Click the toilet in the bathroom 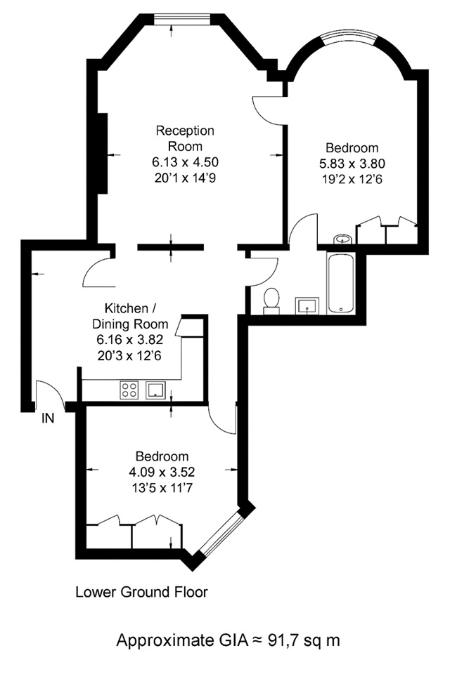tap(271, 300)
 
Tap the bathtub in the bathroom tap(340, 283)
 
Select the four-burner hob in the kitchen tap(129, 390)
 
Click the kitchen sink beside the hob tap(155, 390)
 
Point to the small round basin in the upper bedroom tap(343, 239)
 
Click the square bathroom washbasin tap(307, 305)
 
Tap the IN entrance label tap(48, 418)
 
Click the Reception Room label tap(185, 138)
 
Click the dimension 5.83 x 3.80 tap(352, 164)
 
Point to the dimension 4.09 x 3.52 tap(162, 472)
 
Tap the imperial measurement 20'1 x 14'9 tap(185, 178)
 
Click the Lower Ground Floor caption tap(141, 592)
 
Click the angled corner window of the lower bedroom tap(222, 533)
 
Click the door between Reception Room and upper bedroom tap(268, 110)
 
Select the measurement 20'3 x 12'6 tap(129, 356)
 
